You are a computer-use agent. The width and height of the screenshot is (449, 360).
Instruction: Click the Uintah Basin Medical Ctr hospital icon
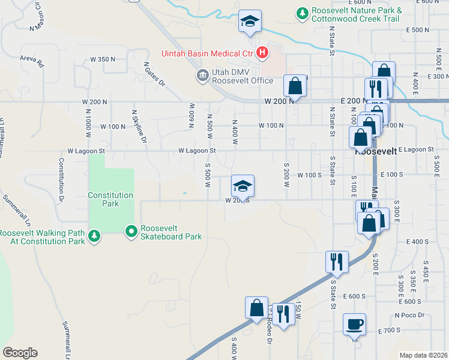click(262, 53)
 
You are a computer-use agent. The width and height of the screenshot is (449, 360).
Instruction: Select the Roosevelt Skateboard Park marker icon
click(131, 231)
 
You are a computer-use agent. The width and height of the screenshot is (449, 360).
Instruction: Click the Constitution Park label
click(110, 199)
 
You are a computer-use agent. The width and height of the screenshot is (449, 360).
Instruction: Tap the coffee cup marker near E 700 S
click(354, 325)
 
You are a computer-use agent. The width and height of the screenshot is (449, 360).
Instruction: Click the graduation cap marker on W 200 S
click(243, 186)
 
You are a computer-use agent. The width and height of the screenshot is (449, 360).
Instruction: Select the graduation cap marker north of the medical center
click(250, 22)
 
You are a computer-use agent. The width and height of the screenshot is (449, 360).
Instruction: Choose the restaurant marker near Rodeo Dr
click(283, 313)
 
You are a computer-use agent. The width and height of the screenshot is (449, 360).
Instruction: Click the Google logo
click(20, 353)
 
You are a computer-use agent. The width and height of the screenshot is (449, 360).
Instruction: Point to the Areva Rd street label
click(32, 62)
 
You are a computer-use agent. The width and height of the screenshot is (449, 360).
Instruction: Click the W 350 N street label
click(103, 59)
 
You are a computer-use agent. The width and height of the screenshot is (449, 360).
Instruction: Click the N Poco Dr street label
click(409, 315)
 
